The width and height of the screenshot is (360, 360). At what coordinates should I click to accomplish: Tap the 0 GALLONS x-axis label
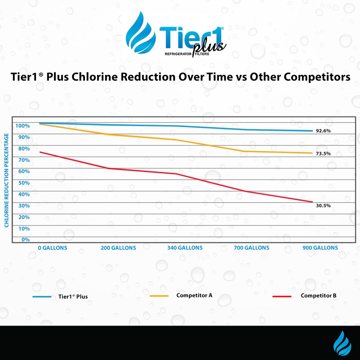(x=53, y=248)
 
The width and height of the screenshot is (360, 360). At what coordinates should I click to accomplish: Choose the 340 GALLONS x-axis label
(x=185, y=248)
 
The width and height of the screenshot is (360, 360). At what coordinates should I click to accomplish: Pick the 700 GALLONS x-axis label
(x=251, y=248)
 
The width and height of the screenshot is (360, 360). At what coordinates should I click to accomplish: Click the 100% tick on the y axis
(x=22, y=126)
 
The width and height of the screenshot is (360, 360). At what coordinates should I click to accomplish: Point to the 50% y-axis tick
(x=22, y=183)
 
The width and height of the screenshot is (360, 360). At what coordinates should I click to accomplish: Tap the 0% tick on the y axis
(x=25, y=239)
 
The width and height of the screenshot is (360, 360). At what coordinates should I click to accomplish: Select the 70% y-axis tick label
(x=22, y=160)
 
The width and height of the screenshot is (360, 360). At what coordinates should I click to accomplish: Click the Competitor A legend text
(x=194, y=296)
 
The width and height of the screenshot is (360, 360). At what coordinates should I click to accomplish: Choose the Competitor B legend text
(x=319, y=296)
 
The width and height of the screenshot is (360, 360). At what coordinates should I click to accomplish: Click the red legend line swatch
(x=282, y=296)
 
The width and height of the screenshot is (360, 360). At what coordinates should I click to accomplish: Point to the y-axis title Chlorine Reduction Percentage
(x=7, y=180)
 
